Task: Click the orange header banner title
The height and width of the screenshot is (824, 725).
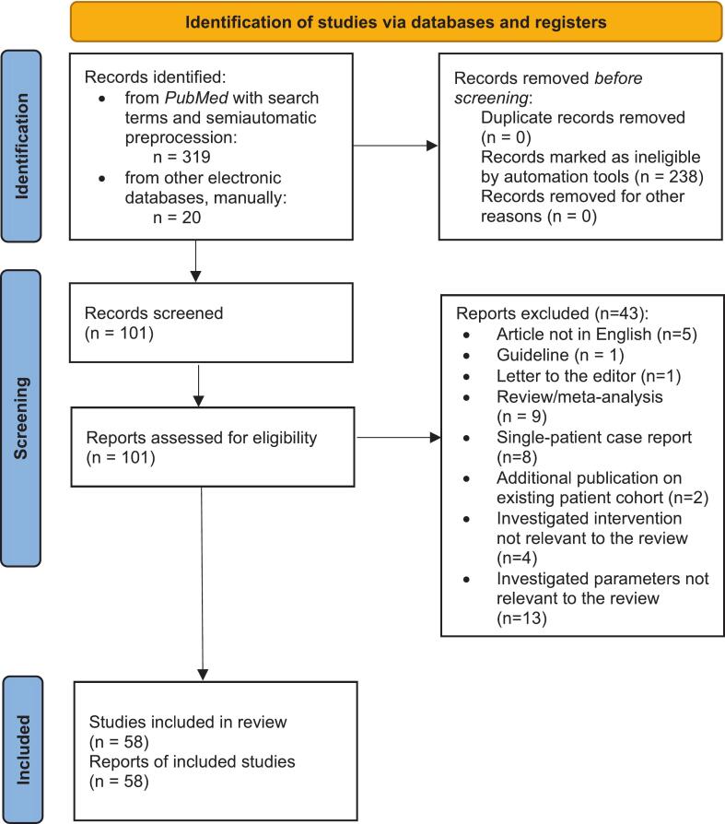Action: click(x=395, y=22)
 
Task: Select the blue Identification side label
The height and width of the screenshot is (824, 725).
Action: click(x=21, y=147)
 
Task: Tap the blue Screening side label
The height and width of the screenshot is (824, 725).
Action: click(x=21, y=418)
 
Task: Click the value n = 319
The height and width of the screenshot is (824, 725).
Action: click(x=181, y=157)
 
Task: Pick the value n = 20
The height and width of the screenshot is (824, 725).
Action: click(x=177, y=217)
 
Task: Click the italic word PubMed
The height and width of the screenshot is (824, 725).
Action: click(x=196, y=98)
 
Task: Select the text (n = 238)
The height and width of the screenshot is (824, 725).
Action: click(x=669, y=177)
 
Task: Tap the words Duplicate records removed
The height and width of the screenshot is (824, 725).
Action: click(x=582, y=117)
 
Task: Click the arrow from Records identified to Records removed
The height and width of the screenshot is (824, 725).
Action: click(x=395, y=146)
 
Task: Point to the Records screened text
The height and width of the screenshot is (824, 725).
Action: click(x=154, y=313)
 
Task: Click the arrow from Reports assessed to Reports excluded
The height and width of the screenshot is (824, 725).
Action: click(x=399, y=437)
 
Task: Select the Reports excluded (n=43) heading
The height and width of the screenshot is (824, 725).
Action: click(x=552, y=313)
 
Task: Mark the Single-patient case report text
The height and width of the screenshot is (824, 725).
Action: click(x=593, y=437)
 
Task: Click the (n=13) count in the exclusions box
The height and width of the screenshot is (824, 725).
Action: click(x=521, y=618)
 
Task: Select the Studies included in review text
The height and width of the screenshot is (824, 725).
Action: click(x=188, y=722)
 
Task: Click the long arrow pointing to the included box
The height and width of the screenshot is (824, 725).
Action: click(x=203, y=583)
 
